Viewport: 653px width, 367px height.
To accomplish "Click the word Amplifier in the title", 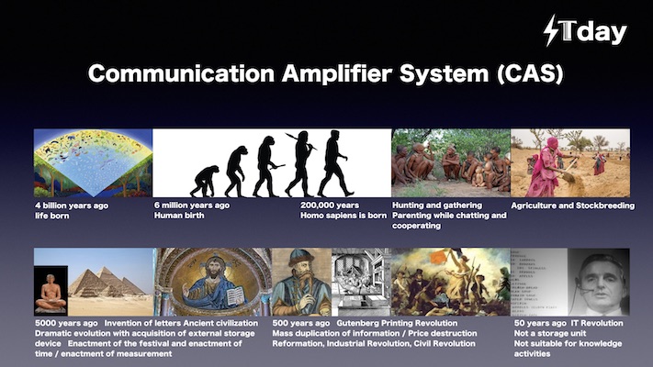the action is (x=336, y=73).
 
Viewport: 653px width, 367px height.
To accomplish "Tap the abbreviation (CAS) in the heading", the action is (x=530, y=73).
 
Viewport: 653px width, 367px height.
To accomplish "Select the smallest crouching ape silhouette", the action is (x=205, y=181).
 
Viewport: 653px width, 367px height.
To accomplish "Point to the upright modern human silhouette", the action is (x=334, y=163).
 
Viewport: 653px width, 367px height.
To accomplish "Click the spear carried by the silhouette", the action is (x=301, y=141).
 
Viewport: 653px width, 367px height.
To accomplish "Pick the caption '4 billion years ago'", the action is (x=72, y=206).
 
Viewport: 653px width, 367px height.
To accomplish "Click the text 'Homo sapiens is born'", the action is (x=343, y=216).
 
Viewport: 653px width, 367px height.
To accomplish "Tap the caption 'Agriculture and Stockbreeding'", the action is (x=572, y=206).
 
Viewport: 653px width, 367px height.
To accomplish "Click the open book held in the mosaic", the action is (x=235, y=295).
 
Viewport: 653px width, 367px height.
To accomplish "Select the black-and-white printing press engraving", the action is (x=361, y=282).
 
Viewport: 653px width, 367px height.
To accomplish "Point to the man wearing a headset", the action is (x=599, y=283).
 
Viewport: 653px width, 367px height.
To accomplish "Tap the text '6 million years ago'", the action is (x=192, y=206).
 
